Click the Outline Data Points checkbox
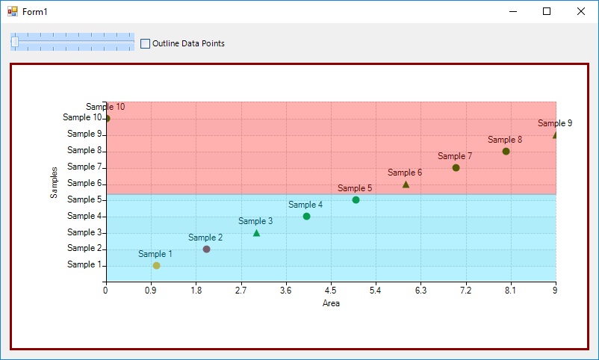(145, 43)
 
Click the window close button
(581, 11)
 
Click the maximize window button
(547, 11)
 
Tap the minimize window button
(512, 11)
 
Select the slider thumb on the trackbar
(15, 42)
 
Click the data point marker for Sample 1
(156, 265)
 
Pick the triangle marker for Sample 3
(256, 233)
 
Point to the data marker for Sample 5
(356, 199)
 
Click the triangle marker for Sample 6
(406, 184)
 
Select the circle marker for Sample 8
(506, 151)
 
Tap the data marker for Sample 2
(206, 249)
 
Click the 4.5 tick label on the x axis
(331, 292)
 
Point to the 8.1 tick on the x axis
(510, 292)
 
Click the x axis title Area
(331, 303)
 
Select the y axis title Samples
(54, 182)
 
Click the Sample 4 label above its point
(305, 205)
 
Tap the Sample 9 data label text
(555, 123)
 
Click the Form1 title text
(34, 12)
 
